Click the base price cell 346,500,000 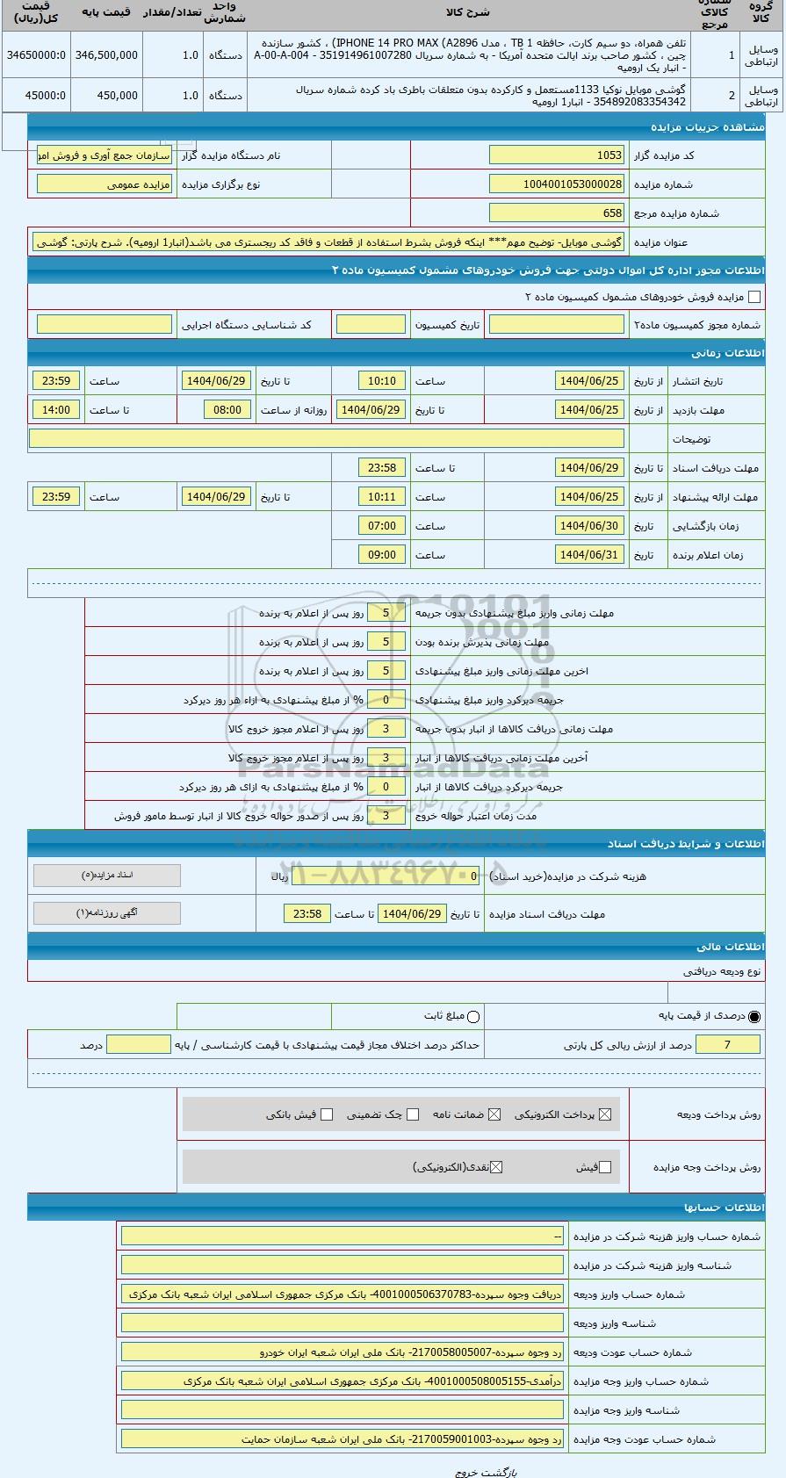click(x=106, y=54)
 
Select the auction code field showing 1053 click(x=556, y=155)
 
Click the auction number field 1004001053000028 click(x=556, y=184)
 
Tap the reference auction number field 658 click(x=556, y=213)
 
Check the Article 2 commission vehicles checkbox click(x=754, y=297)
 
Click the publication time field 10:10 click(x=382, y=381)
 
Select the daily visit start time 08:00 click(x=227, y=410)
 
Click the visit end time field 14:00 click(x=56, y=410)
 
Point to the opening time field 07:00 click(x=382, y=526)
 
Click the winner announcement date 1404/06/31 click(x=589, y=555)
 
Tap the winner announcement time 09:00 click(x=382, y=555)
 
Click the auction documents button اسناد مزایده click(x=107, y=876)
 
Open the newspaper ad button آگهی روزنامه click(x=107, y=913)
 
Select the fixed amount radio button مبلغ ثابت click(x=474, y=1017)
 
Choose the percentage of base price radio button click(x=755, y=1017)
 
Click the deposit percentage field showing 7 click(x=727, y=1045)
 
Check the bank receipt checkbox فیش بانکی click(x=327, y=1114)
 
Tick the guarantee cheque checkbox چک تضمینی click(x=414, y=1114)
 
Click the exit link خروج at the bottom click(x=465, y=1472)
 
